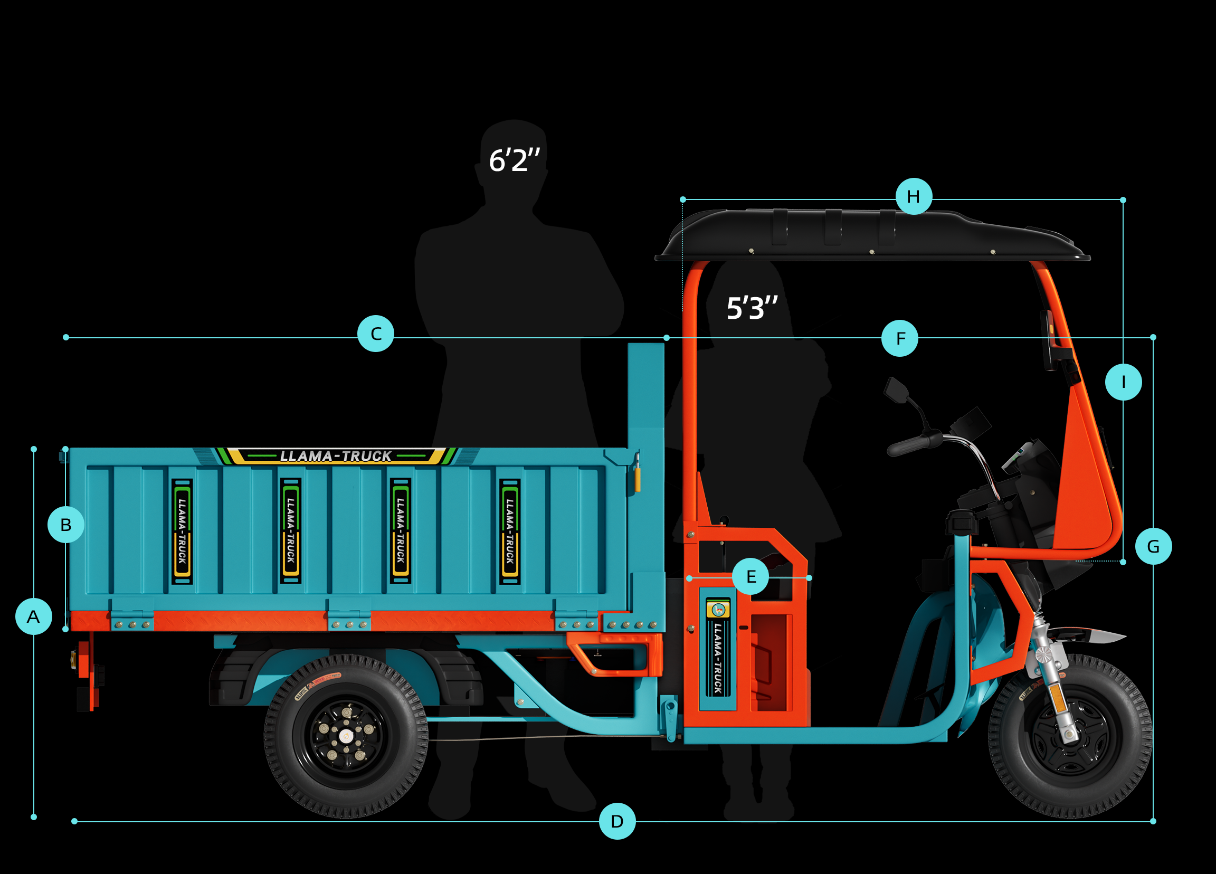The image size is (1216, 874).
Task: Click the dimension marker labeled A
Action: tap(33, 616)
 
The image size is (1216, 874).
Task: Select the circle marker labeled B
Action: tap(65, 525)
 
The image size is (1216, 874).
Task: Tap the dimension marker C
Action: tap(375, 334)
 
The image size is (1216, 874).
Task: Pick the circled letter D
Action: tap(616, 821)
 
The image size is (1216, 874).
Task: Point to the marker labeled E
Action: tap(750, 576)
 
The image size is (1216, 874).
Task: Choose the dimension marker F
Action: tap(899, 338)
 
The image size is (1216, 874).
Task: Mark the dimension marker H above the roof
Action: tap(913, 197)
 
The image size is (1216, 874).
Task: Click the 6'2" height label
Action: tap(514, 160)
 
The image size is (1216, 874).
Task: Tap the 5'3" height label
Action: tap(751, 308)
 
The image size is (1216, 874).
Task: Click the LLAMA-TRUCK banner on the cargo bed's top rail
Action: tap(336, 456)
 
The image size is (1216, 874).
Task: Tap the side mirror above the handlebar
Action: tap(896, 390)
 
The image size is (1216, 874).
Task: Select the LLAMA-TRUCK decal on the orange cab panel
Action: tap(717, 657)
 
